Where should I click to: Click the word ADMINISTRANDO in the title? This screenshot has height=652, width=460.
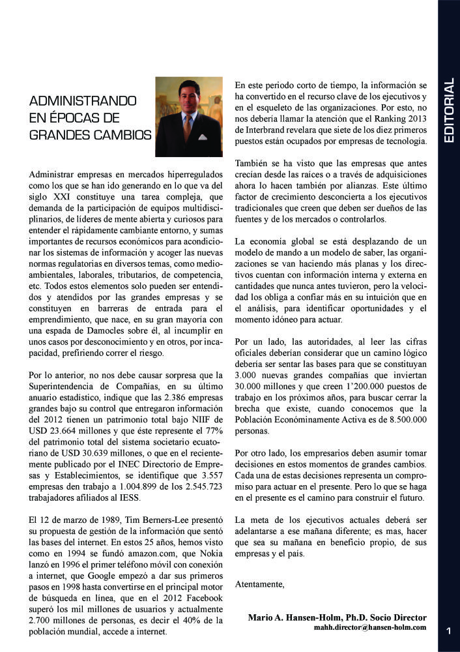pos(83,102)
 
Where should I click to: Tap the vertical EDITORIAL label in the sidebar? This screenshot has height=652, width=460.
pos(448,111)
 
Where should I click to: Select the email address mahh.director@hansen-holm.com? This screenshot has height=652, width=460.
pos(370,627)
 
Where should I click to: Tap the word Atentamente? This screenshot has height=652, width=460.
pos(259,584)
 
